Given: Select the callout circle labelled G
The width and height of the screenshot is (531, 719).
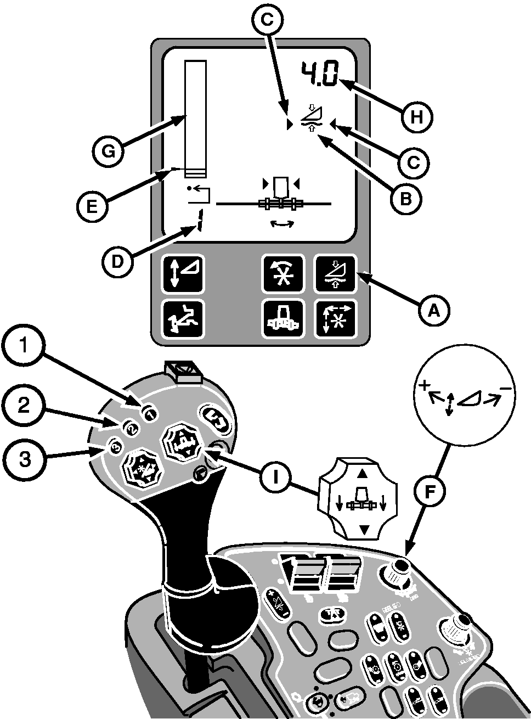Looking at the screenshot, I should (109, 151).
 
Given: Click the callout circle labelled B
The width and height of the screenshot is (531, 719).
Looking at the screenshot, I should (405, 199).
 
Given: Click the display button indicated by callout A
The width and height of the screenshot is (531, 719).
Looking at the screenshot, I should (334, 273).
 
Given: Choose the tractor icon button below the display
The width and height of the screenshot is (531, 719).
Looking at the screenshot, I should (283, 318).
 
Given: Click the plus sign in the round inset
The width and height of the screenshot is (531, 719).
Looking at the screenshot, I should (423, 386).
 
